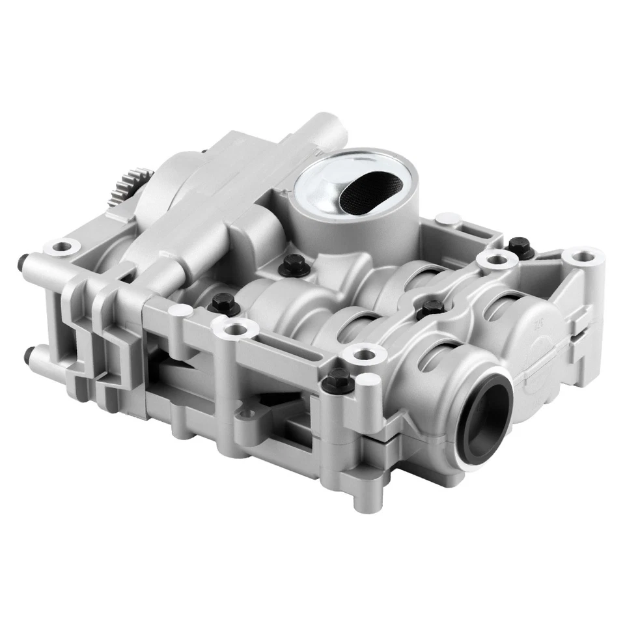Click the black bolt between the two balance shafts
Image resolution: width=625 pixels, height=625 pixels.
point(428,303)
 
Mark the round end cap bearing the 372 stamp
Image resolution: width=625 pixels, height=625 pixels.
point(534,332)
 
